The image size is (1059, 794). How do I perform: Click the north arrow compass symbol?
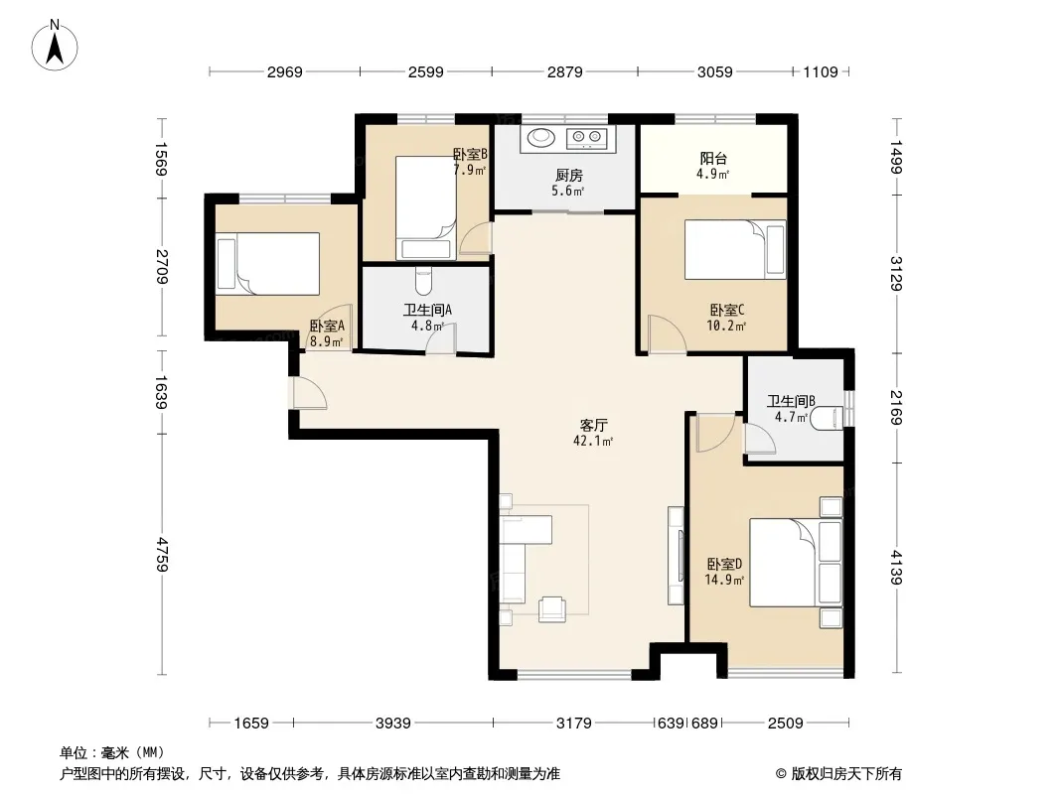tap(55, 46)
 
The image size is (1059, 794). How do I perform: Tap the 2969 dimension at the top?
tap(284, 72)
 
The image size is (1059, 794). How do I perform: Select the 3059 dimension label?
tap(714, 72)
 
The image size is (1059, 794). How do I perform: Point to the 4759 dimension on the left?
tap(162, 554)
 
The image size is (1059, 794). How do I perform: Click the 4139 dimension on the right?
tap(896, 568)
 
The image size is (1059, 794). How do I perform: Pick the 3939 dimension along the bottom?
tap(393, 724)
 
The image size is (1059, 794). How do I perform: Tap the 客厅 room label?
tap(594, 425)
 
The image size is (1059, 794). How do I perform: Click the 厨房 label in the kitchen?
tap(568, 176)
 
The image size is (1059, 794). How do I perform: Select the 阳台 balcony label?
tap(713, 159)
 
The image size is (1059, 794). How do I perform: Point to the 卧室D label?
tap(724, 564)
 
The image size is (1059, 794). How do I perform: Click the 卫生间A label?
tap(427, 311)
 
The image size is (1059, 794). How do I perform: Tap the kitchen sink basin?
tap(541, 138)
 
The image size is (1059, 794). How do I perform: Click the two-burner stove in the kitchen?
tap(587, 138)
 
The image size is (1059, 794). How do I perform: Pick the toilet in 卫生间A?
tap(423, 281)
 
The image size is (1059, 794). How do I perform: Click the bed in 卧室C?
tap(735, 249)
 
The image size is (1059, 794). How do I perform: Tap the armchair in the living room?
tap(553, 609)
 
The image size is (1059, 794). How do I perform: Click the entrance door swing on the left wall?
tap(308, 393)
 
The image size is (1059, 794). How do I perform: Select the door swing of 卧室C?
tap(667, 333)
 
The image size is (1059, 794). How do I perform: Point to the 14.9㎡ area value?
tap(724, 581)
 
